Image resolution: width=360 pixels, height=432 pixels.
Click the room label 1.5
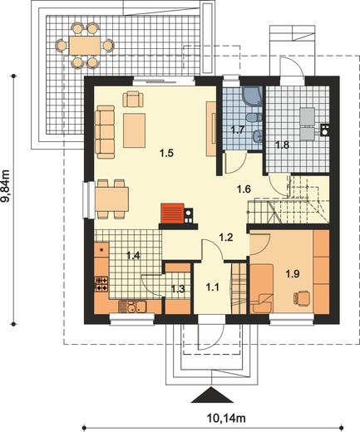point(166,153)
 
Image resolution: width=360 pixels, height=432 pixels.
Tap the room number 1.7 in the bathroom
point(238,130)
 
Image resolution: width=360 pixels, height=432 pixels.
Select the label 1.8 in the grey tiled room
point(282,145)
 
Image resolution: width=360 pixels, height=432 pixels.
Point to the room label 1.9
point(293,274)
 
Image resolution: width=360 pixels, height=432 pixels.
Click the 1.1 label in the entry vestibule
point(212,287)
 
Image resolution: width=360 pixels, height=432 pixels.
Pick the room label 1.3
point(178,289)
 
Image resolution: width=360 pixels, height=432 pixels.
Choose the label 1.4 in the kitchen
point(133,255)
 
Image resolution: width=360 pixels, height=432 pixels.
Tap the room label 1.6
point(244,189)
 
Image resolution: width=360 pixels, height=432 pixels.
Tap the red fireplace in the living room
point(172,214)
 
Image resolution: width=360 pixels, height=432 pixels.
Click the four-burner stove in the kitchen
point(101,284)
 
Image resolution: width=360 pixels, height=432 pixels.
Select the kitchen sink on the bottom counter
point(132,307)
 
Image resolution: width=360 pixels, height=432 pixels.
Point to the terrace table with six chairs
point(85,46)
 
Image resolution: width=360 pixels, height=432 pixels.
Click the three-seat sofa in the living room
point(105,132)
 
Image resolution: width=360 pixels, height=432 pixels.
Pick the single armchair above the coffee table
point(133,99)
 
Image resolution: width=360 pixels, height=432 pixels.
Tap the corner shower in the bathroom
point(252,96)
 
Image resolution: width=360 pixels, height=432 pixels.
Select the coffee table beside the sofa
point(134,130)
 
